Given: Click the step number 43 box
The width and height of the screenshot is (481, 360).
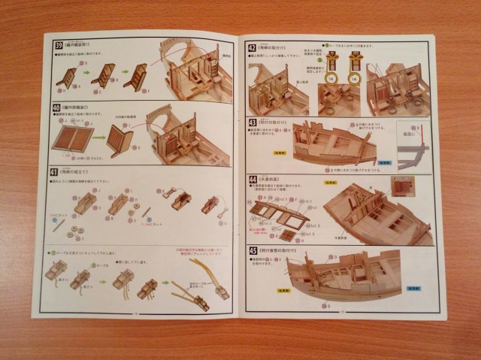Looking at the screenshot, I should tap(252, 123).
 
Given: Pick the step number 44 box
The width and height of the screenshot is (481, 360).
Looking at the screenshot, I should tap(252, 180).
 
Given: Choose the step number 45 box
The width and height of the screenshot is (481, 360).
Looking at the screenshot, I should tap(252, 252).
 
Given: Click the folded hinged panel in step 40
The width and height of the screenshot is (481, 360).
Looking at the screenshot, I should tap(121, 141).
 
